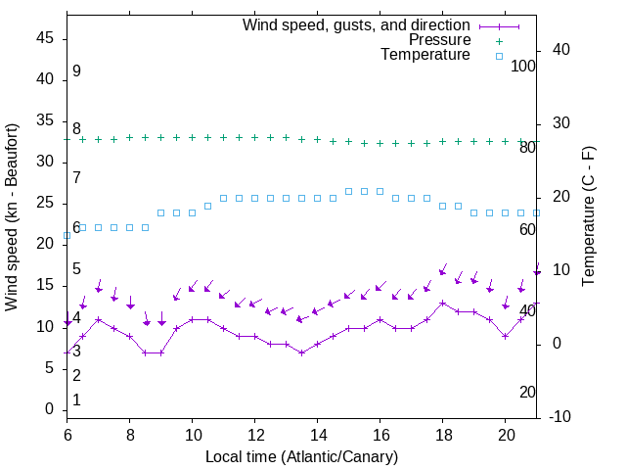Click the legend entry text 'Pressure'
click(x=439, y=40)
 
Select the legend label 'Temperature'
click(x=425, y=55)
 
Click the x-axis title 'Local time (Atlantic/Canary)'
click(x=302, y=457)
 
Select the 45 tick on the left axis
click(x=45, y=38)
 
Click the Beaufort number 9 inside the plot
click(x=76, y=71)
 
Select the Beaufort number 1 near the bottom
click(x=76, y=400)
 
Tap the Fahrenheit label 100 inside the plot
click(x=523, y=67)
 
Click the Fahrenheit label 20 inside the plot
click(x=527, y=392)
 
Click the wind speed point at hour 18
click(x=442, y=303)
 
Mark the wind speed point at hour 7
click(x=98, y=319)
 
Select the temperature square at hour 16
click(x=380, y=191)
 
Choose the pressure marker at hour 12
click(x=254, y=138)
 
